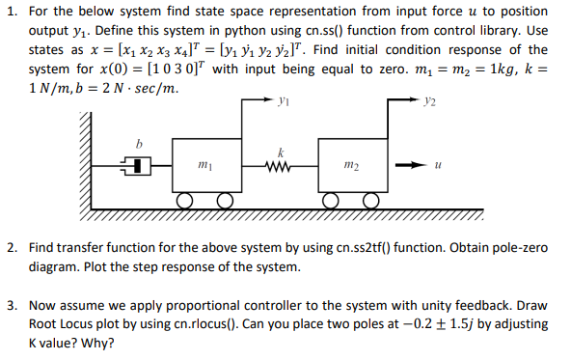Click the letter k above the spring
tap(280, 152)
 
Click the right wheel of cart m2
tap(371, 201)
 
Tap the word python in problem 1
tap(293, 32)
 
